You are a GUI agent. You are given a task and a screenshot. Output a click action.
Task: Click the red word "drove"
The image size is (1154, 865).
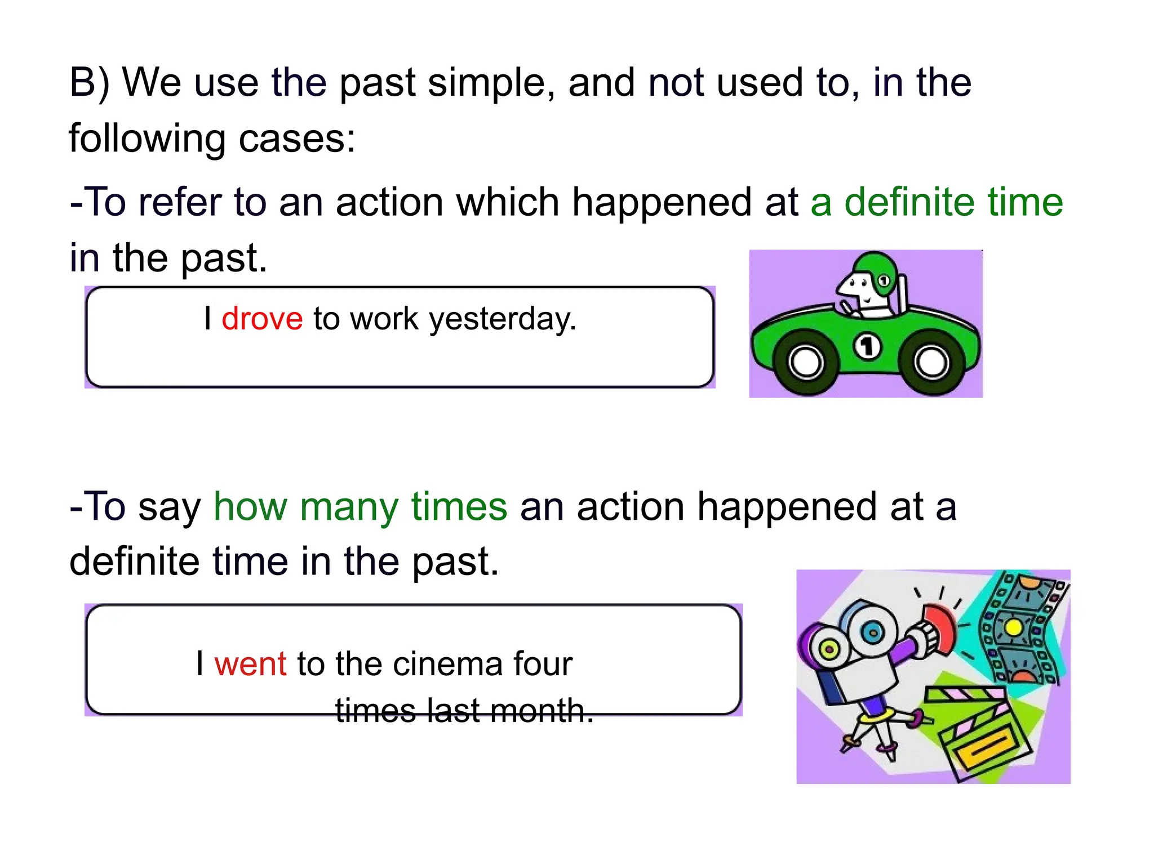point(262,319)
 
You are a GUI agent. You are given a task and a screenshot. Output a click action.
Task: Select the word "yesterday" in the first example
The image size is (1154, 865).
point(502,320)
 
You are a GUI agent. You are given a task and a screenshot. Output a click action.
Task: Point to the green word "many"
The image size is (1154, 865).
point(349,506)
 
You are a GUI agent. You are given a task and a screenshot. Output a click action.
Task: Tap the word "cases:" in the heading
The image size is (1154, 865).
point(297,138)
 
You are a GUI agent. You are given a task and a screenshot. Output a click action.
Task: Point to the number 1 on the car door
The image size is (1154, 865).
point(868,346)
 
